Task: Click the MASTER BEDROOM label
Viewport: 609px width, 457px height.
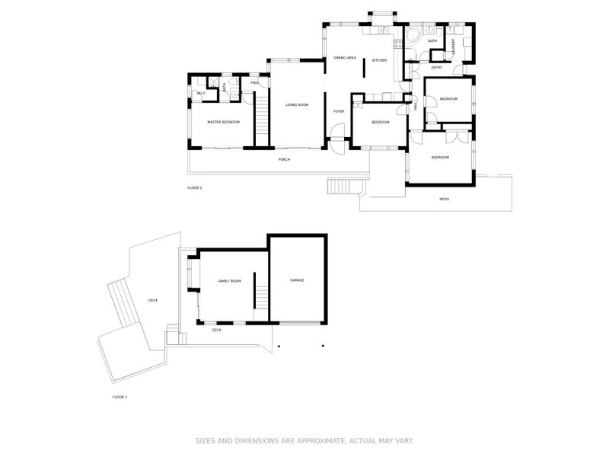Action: point(224,122)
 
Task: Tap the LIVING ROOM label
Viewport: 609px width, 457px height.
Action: point(297,104)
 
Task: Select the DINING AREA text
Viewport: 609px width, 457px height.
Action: point(345,58)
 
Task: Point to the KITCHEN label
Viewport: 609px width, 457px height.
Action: point(379,60)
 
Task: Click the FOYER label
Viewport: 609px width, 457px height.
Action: point(339,111)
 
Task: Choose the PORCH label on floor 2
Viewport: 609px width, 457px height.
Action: point(284,159)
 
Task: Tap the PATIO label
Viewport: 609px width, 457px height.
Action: point(444,200)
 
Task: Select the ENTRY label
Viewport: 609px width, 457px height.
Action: point(436,68)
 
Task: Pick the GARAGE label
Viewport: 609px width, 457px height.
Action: point(297,280)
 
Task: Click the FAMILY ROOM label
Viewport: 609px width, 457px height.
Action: point(229,281)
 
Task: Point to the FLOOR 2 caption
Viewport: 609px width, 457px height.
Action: point(195,187)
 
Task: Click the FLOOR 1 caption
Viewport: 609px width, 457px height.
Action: point(120,397)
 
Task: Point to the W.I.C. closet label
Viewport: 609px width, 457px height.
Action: point(202,94)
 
